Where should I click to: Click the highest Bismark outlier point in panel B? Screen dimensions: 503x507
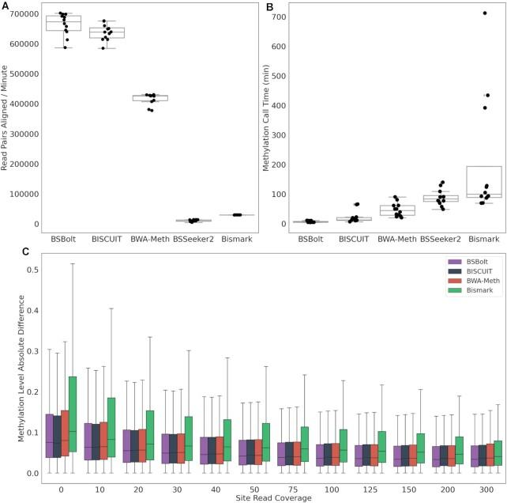click(485, 13)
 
